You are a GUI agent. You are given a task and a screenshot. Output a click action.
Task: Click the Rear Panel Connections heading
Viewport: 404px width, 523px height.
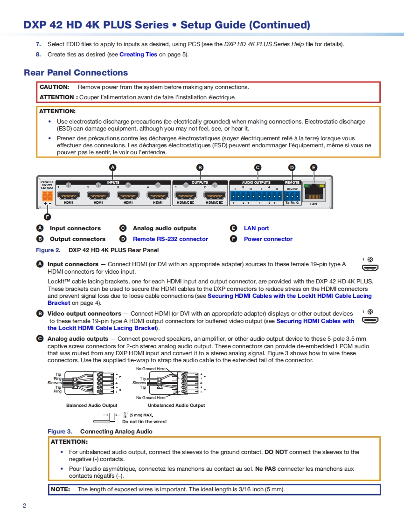(x=76, y=73)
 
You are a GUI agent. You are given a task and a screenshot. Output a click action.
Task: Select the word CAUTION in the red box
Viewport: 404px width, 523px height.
(x=54, y=87)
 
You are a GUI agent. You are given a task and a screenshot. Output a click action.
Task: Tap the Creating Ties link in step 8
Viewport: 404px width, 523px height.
(x=138, y=55)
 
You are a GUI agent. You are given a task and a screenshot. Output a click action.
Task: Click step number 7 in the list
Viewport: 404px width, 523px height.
(x=38, y=44)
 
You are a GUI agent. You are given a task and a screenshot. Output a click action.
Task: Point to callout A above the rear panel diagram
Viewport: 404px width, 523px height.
(x=112, y=167)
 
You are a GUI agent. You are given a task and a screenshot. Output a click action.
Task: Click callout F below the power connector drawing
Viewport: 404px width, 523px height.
(x=47, y=216)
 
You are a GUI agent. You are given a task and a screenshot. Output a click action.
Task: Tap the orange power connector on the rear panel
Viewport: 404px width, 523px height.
(x=47, y=196)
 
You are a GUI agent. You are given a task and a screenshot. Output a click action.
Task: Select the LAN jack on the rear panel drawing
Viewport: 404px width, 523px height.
(x=313, y=191)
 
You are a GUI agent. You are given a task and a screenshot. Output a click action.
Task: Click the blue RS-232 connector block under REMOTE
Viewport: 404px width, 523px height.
(x=292, y=196)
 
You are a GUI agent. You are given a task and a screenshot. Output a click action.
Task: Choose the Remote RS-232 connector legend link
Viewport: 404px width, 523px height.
(x=170, y=239)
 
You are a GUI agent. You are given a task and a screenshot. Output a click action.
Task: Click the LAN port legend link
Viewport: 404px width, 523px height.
(x=256, y=228)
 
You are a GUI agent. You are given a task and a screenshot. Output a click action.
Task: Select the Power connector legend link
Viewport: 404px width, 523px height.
(x=268, y=239)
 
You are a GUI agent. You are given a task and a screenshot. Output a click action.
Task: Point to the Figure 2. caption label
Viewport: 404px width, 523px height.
(x=48, y=250)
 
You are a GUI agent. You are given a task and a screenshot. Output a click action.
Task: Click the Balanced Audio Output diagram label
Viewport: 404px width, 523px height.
(x=92, y=406)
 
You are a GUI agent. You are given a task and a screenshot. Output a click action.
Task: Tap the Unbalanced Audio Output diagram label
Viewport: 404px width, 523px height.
(x=173, y=406)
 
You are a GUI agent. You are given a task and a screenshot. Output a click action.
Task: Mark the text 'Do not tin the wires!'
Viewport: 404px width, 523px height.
(x=144, y=422)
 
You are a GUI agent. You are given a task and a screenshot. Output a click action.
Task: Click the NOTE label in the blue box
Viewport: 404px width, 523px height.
(x=61, y=489)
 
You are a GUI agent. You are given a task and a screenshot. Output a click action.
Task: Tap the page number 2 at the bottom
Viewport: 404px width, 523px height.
(x=24, y=506)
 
